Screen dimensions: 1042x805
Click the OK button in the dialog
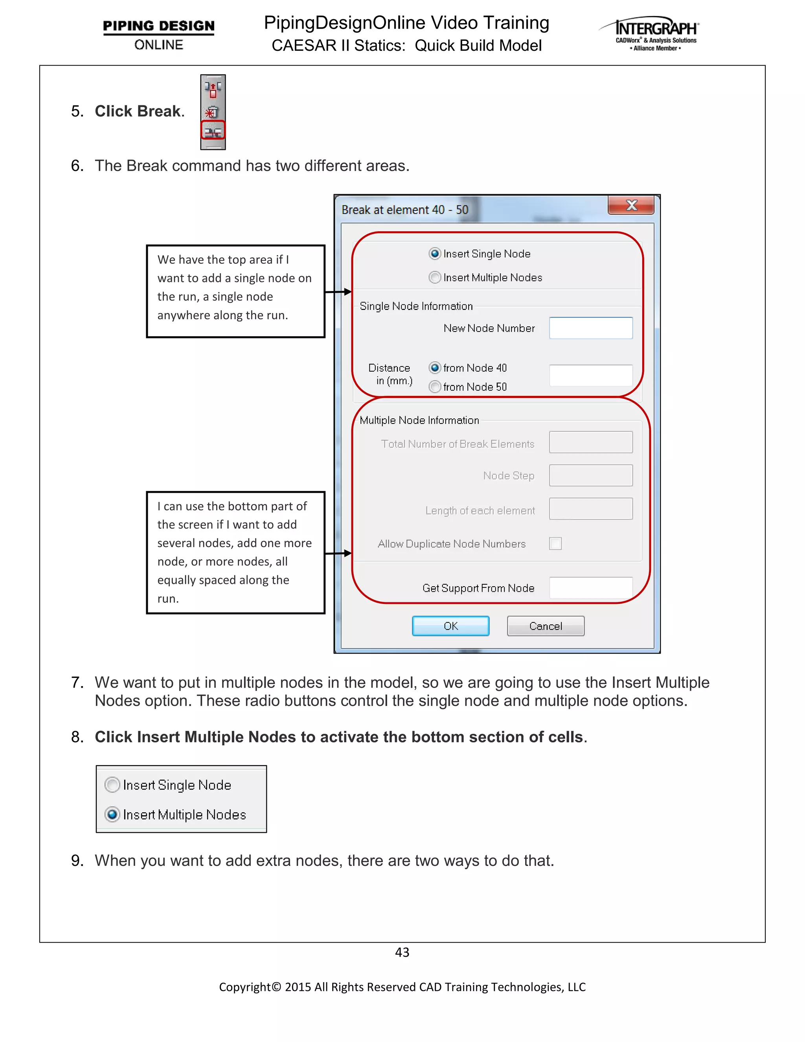450,626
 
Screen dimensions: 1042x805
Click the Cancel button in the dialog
545,626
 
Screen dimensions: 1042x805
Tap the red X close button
630,205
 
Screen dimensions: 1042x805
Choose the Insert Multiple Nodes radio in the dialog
434,277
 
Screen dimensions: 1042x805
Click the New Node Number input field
590,328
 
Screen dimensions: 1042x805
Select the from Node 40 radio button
434,367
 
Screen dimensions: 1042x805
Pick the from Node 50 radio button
434,387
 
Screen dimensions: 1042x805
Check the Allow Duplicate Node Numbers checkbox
555,543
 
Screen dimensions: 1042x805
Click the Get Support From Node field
590,588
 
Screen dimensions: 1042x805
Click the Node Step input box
590,475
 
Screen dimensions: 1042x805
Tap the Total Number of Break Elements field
590,442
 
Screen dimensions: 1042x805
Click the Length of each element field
590,508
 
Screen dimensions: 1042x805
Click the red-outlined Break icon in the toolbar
213,131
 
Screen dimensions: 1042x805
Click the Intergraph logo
649,34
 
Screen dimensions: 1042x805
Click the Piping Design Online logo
158,34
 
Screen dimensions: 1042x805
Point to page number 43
402,952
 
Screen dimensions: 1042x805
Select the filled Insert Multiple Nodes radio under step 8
112,814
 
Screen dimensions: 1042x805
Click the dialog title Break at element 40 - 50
404,210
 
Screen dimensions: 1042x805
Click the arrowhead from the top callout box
348,291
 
